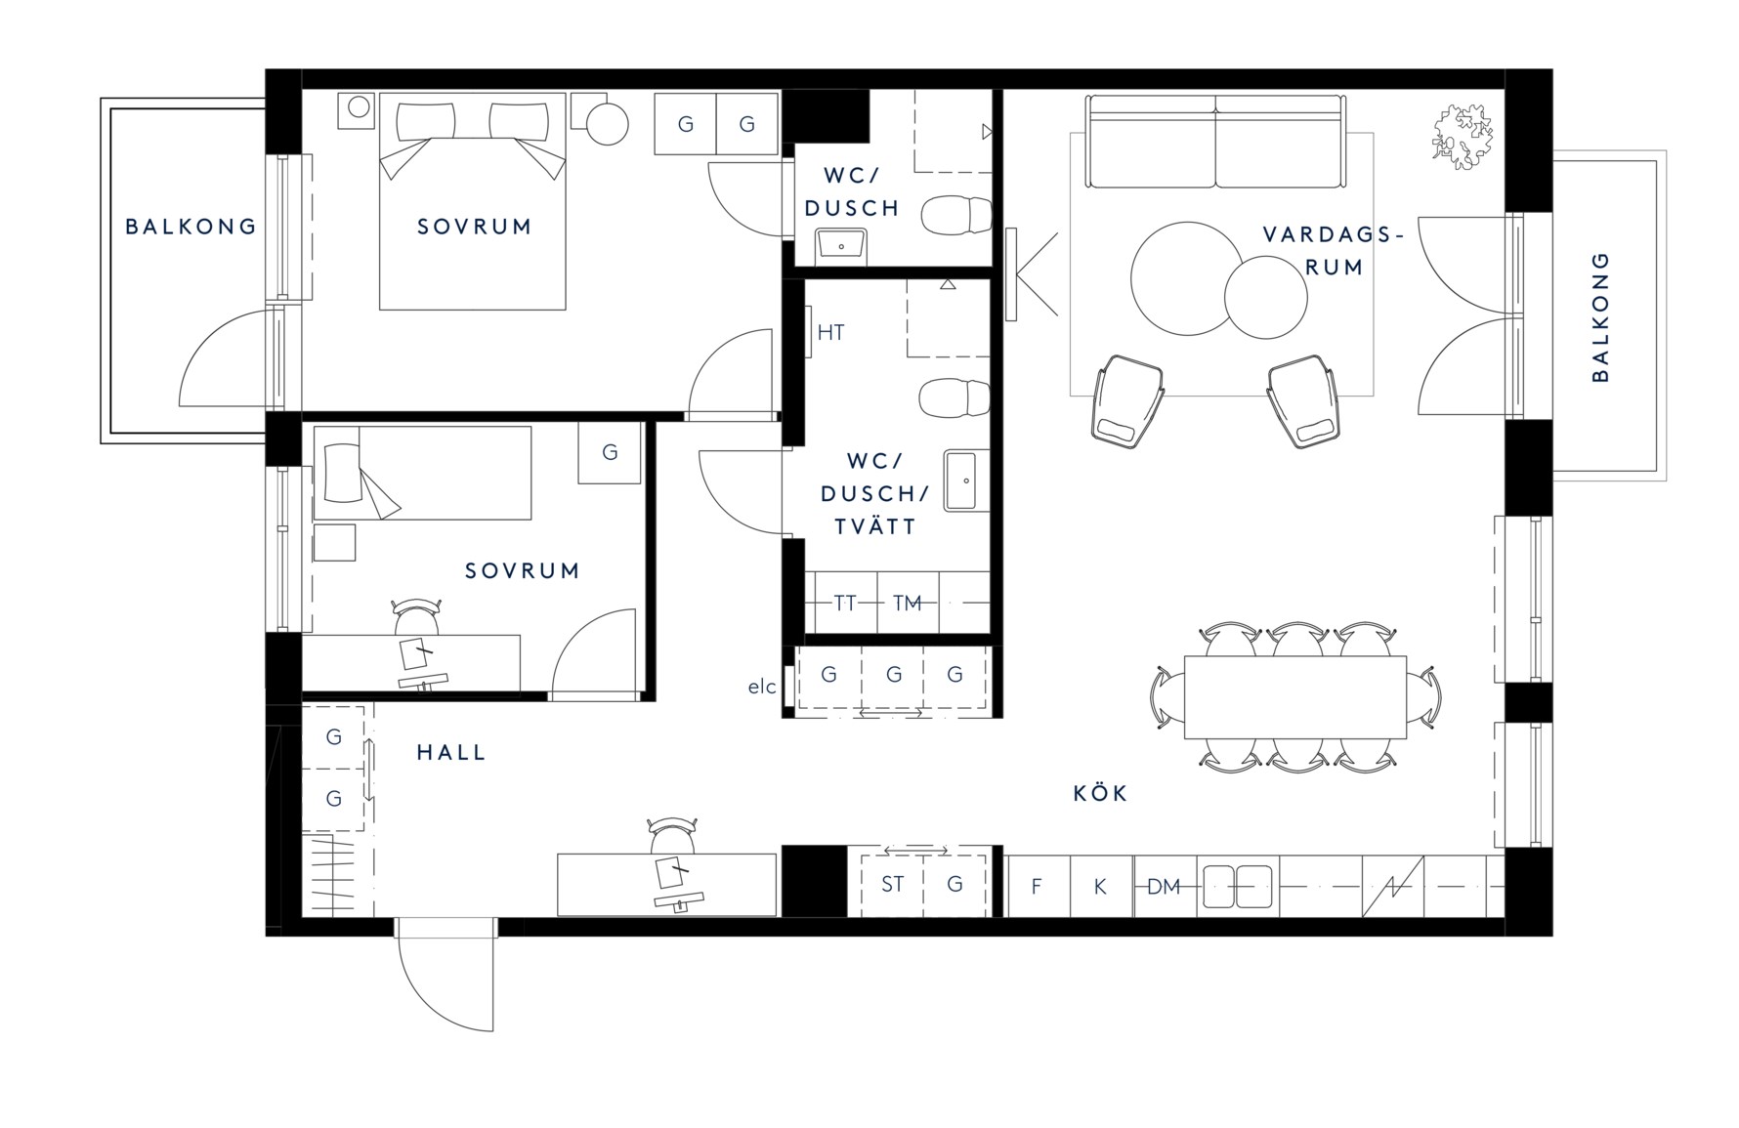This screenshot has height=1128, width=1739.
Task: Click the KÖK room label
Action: coord(1100,793)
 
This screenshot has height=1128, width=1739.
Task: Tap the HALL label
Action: coord(451,752)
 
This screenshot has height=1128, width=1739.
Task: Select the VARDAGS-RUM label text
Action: coord(1333,250)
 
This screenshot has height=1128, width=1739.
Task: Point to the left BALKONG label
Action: coord(191,227)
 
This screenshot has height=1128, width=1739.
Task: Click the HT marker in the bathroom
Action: coord(830,332)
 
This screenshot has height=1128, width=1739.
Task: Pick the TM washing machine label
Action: coord(908,603)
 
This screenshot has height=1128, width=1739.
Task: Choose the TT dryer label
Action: coord(845,603)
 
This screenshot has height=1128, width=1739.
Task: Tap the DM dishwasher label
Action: coord(1164,887)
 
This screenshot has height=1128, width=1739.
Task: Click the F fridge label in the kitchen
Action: coord(1037,887)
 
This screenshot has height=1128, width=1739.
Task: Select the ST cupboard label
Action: coord(892,884)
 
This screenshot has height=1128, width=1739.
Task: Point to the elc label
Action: coord(762,687)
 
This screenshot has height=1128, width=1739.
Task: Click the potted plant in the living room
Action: coord(1463,136)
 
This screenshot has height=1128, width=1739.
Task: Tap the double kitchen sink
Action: coord(1238,887)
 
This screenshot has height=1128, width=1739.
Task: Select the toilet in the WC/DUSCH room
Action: coord(956,216)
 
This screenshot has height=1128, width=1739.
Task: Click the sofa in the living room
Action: coord(1216,142)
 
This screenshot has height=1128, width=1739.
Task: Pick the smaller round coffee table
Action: coord(1265,297)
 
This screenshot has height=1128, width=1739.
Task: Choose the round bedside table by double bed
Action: coord(608,124)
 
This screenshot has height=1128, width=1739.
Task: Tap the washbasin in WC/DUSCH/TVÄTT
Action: coord(966,480)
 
